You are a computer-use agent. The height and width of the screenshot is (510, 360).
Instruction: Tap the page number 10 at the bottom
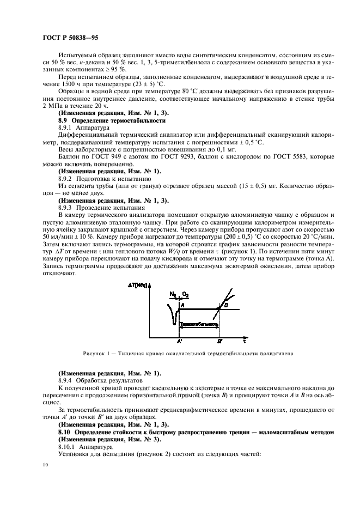(x=45, y=464)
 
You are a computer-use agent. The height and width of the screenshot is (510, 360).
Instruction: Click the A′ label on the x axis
(x=179, y=341)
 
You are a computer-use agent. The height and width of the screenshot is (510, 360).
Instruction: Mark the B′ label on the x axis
(x=219, y=341)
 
